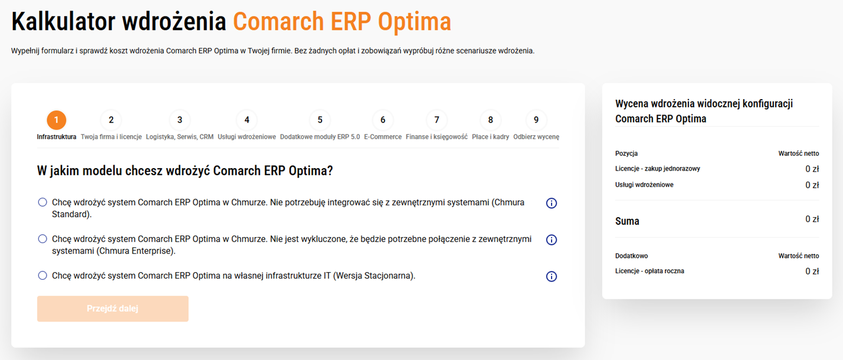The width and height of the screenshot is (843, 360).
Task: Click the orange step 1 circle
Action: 57,120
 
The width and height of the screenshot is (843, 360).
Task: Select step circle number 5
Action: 320,120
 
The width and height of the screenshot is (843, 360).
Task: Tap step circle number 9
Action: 536,120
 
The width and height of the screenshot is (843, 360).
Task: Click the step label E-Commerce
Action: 383,137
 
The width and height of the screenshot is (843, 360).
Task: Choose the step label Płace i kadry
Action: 490,137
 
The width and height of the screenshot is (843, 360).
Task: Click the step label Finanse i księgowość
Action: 437,137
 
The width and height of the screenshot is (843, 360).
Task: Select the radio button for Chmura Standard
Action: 42,202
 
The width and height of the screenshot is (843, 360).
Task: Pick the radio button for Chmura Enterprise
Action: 42,239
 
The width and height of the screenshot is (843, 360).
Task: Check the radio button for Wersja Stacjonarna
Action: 42,276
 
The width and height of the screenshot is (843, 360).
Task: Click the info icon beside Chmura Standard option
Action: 552,204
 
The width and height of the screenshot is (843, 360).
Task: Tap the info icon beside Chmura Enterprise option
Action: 552,240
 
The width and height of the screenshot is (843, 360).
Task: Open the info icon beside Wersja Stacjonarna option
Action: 552,276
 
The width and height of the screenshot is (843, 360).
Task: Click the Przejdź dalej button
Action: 113,309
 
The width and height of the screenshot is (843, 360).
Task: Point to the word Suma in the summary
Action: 627,221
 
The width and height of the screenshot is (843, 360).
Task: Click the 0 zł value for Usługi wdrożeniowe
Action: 812,185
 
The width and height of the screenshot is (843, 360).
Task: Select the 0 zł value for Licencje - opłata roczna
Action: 812,271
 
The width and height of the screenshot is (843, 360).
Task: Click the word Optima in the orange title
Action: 414,22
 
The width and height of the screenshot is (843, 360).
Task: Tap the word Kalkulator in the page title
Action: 63,21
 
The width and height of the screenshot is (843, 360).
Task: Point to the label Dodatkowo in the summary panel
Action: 631,256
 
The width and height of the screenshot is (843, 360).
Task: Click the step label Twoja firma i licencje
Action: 111,137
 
